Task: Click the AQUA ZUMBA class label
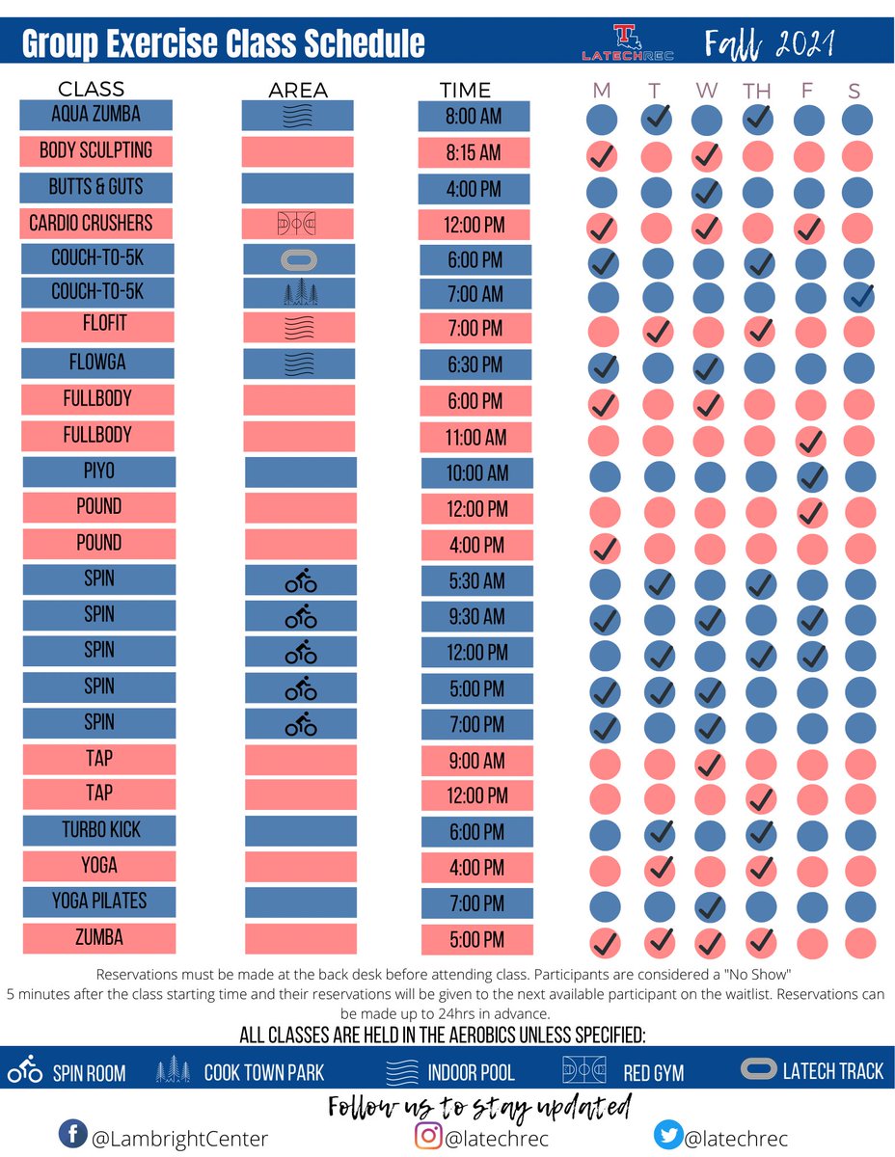(95, 115)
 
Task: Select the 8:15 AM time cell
(474, 152)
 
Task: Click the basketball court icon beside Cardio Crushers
(297, 225)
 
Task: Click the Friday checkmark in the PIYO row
(812, 476)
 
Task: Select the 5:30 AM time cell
(475, 581)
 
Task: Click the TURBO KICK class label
(98, 829)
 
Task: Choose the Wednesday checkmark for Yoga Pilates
(709, 906)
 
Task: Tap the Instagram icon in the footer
(429, 1135)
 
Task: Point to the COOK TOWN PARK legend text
(264, 1072)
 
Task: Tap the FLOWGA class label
(97, 363)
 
